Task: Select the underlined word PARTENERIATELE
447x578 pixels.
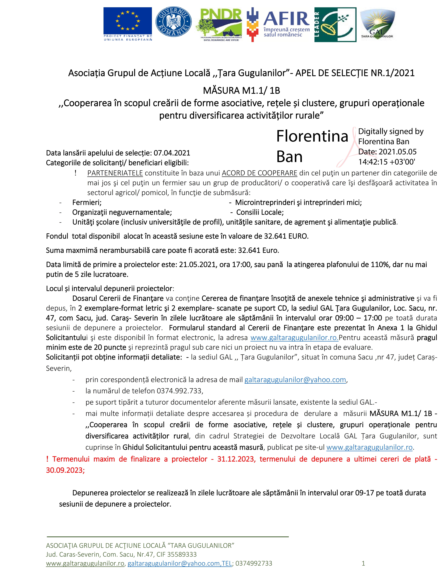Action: [115, 173]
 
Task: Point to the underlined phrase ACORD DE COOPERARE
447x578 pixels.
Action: [260, 173]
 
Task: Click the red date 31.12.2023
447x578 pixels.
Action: [236, 459]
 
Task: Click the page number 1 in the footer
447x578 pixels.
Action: [363, 563]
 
